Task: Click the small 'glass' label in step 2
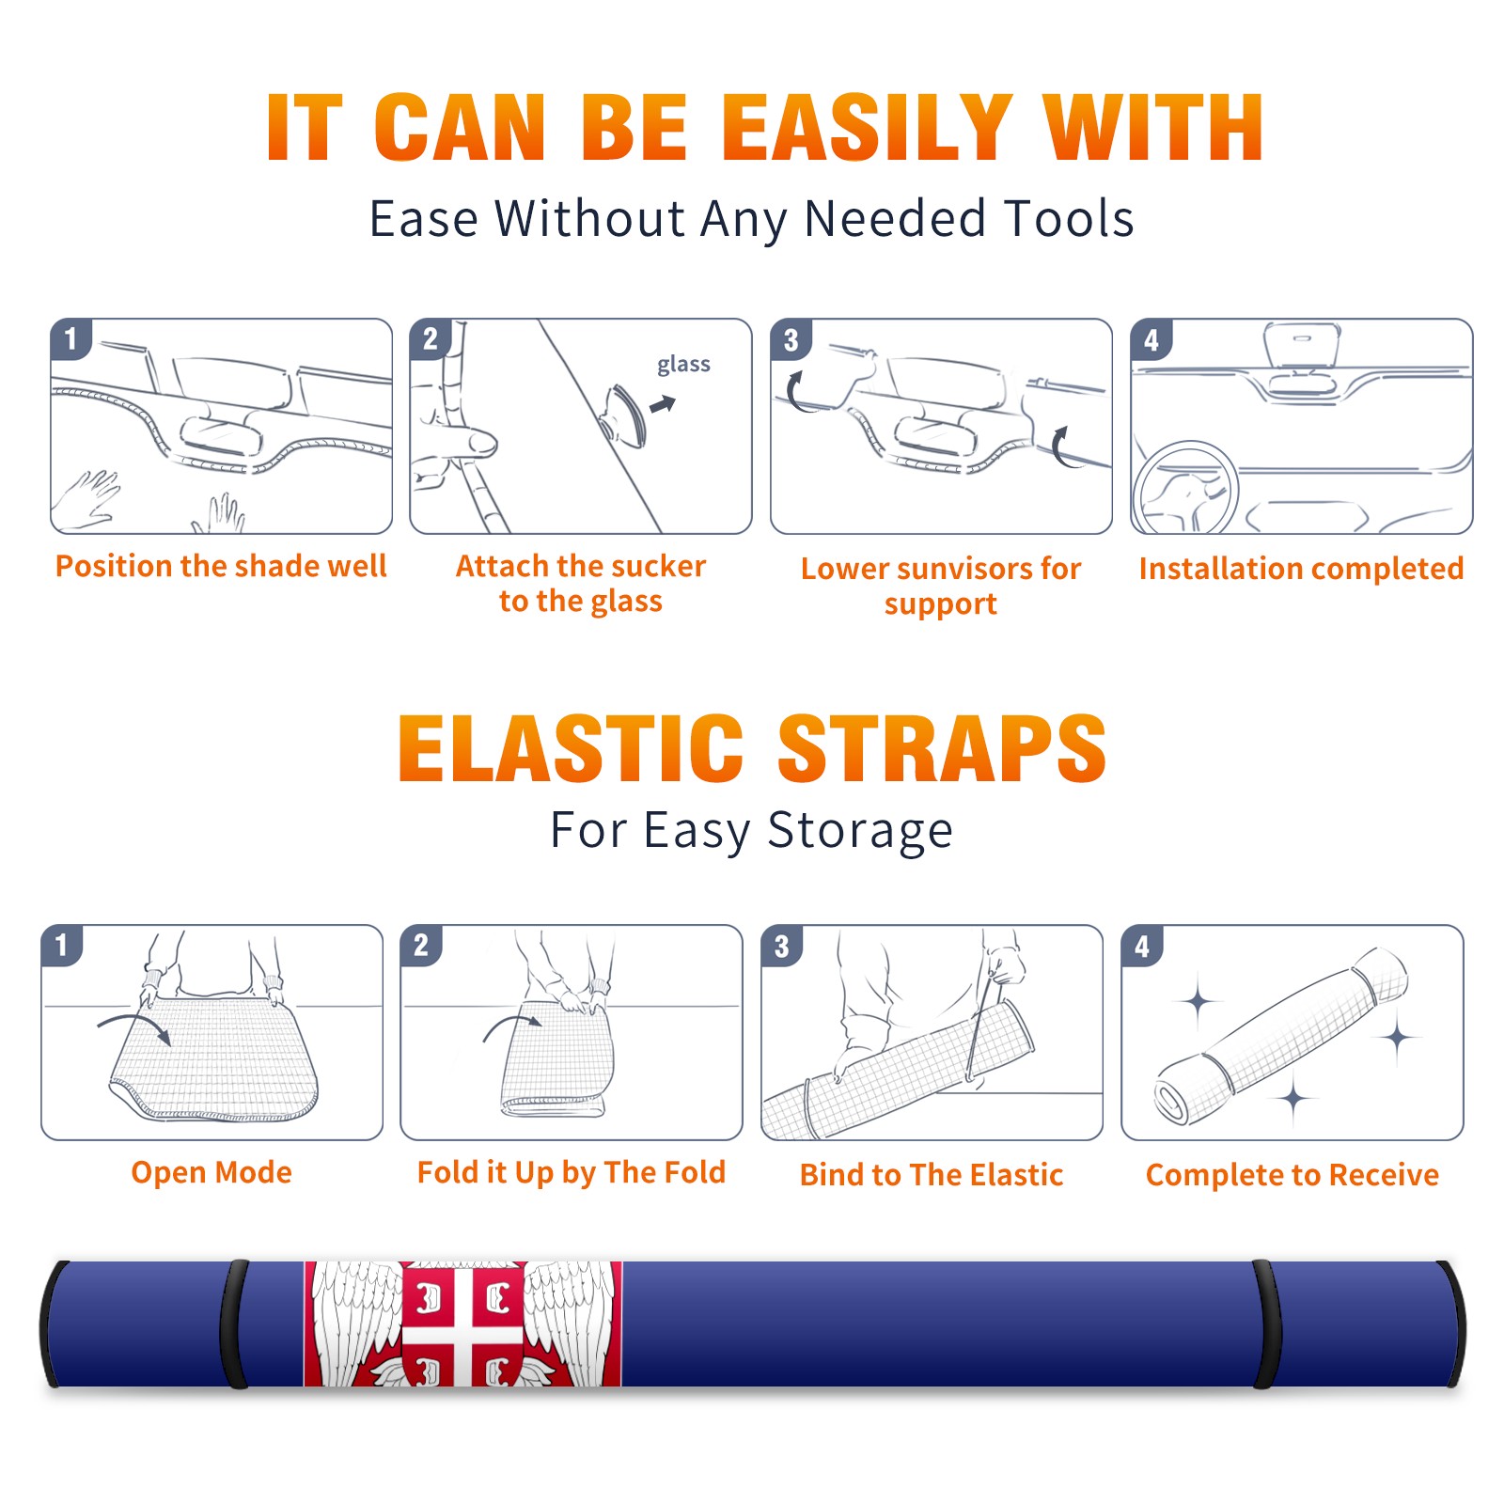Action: coord(683,364)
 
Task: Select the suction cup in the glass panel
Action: coord(623,415)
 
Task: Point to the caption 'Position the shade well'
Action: coord(221,566)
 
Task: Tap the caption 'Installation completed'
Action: coord(1301,569)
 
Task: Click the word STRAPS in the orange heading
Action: coord(942,748)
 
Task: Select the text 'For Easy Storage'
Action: coord(752,830)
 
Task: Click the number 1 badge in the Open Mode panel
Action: coord(62,945)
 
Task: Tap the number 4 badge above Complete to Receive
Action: coord(1142,946)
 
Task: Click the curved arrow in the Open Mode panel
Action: coord(134,1027)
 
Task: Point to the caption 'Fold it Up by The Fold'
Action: coord(572,1172)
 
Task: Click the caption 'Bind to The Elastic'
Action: coord(932,1175)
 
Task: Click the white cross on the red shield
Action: coord(464,1324)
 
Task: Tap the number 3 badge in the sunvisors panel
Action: coord(791,339)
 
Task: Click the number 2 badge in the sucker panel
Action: coord(431,338)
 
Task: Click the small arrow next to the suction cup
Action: coord(664,404)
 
